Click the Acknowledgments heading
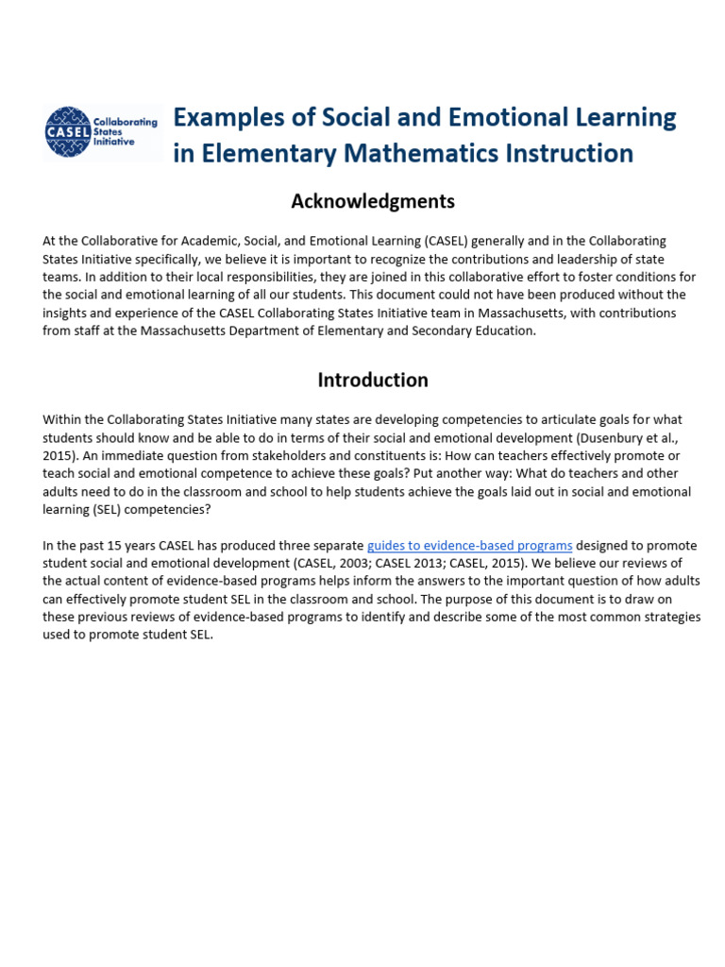point(372,201)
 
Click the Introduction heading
point(372,380)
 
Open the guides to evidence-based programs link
point(469,546)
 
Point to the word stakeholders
point(274,455)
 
